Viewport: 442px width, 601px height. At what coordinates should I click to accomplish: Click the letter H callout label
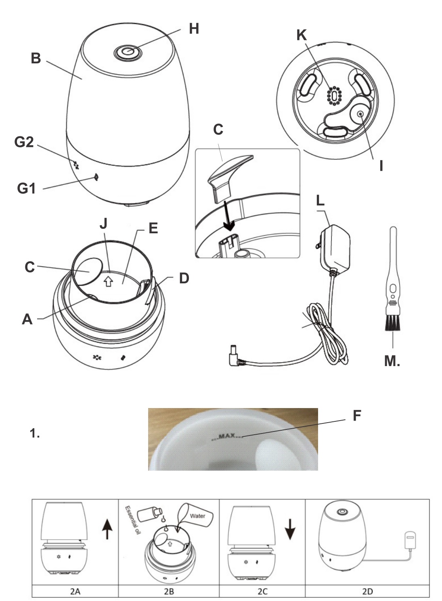pyautogui.click(x=194, y=29)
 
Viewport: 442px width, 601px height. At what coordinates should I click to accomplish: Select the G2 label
pyautogui.click(x=24, y=142)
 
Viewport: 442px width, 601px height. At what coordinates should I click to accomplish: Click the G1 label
pyautogui.click(x=26, y=188)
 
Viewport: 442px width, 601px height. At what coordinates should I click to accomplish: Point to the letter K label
pyautogui.click(x=301, y=35)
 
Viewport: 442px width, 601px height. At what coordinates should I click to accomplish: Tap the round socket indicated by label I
pyautogui.click(x=359, y=114)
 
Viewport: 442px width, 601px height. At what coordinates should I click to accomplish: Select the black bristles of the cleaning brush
pyautogui.click(x=392, y=323)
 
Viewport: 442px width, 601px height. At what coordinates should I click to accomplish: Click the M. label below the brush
pyautogui.click(x=392, y=361)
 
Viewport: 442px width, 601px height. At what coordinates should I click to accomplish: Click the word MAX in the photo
pyautogui.click(x=226, y=436)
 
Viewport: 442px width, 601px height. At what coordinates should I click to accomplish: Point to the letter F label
pyautogui.click(x=356, y=416)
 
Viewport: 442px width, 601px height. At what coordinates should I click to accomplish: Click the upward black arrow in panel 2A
pyautogui.click(x=107, y=529)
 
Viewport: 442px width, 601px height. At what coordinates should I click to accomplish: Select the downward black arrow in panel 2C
pyautogui.click(x=290, y=529)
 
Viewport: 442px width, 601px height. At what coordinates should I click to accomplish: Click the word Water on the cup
pyautogui.click(x=197, y=516)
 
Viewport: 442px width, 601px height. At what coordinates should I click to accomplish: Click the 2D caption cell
pyautogui.click(x=367, y=592)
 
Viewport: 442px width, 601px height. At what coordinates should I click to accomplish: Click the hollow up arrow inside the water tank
pyautogui.click(x=108, y=281)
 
